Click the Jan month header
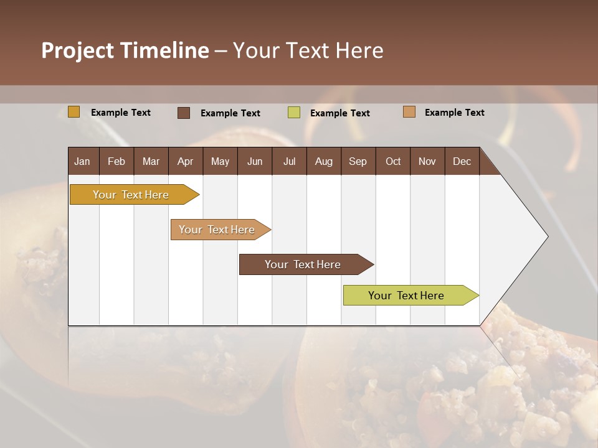(83, 161)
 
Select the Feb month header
(116, 161)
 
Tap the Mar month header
(151, 161)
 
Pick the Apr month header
(186, 161)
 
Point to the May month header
(220, 161)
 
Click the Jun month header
(255, 161)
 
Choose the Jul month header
(289, 161)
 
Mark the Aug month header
(324, 161)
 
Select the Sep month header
(358, 161)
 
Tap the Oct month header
(393, 161)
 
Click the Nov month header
(427, 161)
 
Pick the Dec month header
(462, 161)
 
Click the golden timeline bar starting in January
(131, 195)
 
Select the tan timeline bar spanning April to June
(217, 230)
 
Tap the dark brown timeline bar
(303, 264)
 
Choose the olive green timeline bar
(407, 296)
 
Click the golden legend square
(74, 112)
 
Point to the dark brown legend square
(184, 113)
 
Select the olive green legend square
(294, 113)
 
